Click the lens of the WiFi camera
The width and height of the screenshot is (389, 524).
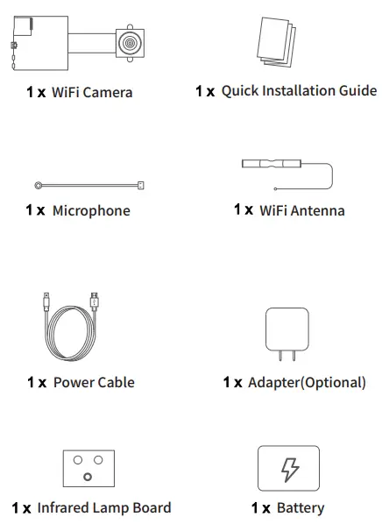[x=129, y=40]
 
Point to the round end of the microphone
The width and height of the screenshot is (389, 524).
[x=39, y=186]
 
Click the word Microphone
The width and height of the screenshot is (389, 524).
[x=91, y=210]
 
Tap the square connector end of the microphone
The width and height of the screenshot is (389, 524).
[x=140, y=186]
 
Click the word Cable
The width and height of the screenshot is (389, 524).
[x=117, y=382]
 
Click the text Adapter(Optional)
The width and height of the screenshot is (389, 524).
[x=307, y=382]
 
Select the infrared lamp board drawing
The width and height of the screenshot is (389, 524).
[x=88, y=467]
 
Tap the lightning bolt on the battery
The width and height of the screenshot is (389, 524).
[x=288, y=469]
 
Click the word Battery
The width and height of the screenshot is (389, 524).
[x=301, y=507]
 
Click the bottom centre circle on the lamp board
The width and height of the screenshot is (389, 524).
[x=88, y=477]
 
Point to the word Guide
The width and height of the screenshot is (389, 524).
[x=358, y=90]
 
